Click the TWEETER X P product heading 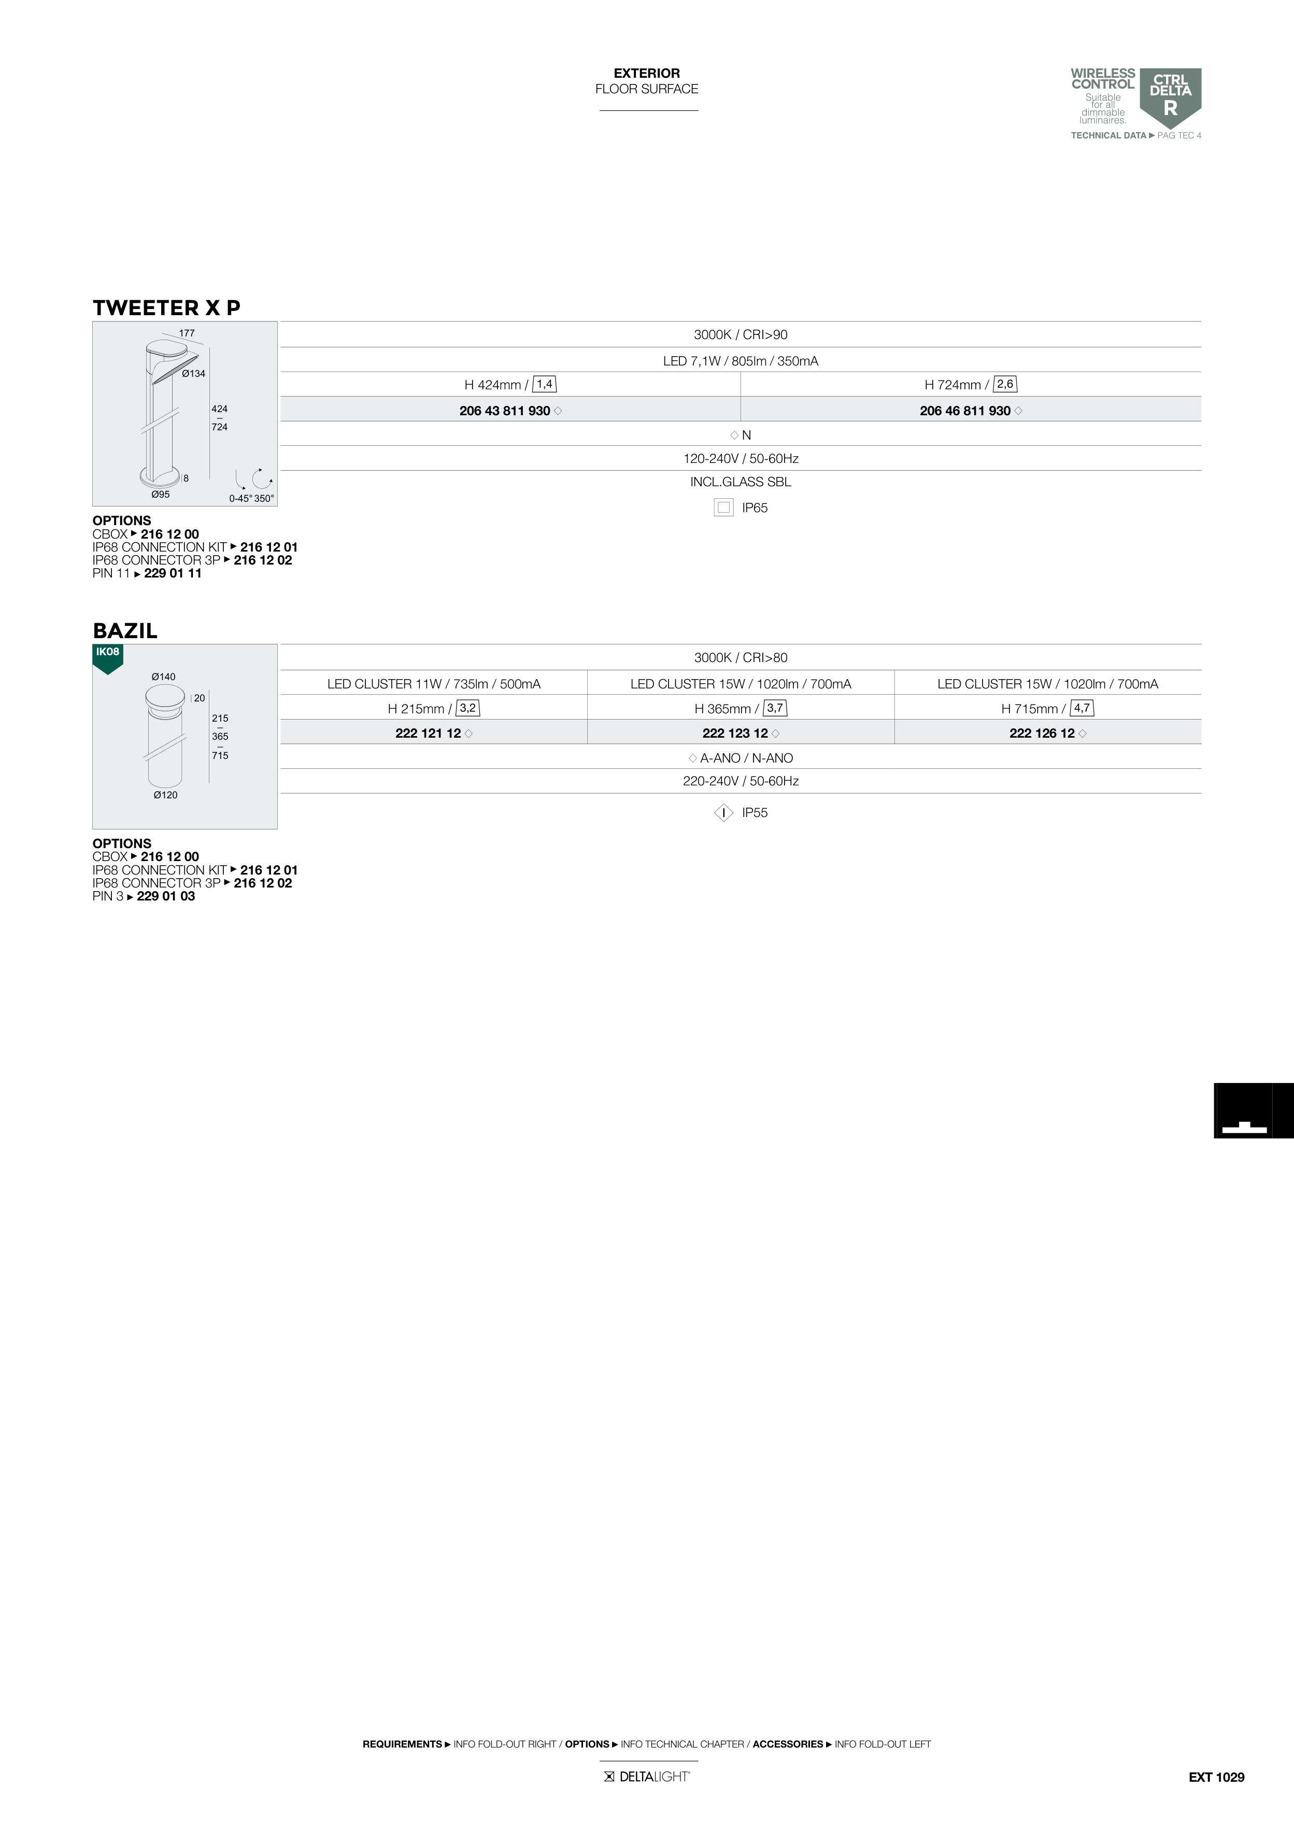click(x=167, y=308)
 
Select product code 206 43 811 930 click(x=505, y=411)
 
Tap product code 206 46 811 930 click(x=965, y=411)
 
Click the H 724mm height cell click(x=970, y=384)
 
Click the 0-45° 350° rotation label click(x=252, y=498)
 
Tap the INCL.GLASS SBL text click(x=741, y=482)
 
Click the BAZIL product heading click(x=125, y=631)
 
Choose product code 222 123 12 click(x=735, y=734)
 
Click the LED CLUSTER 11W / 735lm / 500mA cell click(x=434, y=683)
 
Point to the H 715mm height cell click(x=1047, y=708)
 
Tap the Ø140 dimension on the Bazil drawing click(x=163, y=677)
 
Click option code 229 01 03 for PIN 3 click(x=166, y=896)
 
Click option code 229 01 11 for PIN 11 click(x=173, y=573)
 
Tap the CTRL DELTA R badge click(x=1171, y=98)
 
